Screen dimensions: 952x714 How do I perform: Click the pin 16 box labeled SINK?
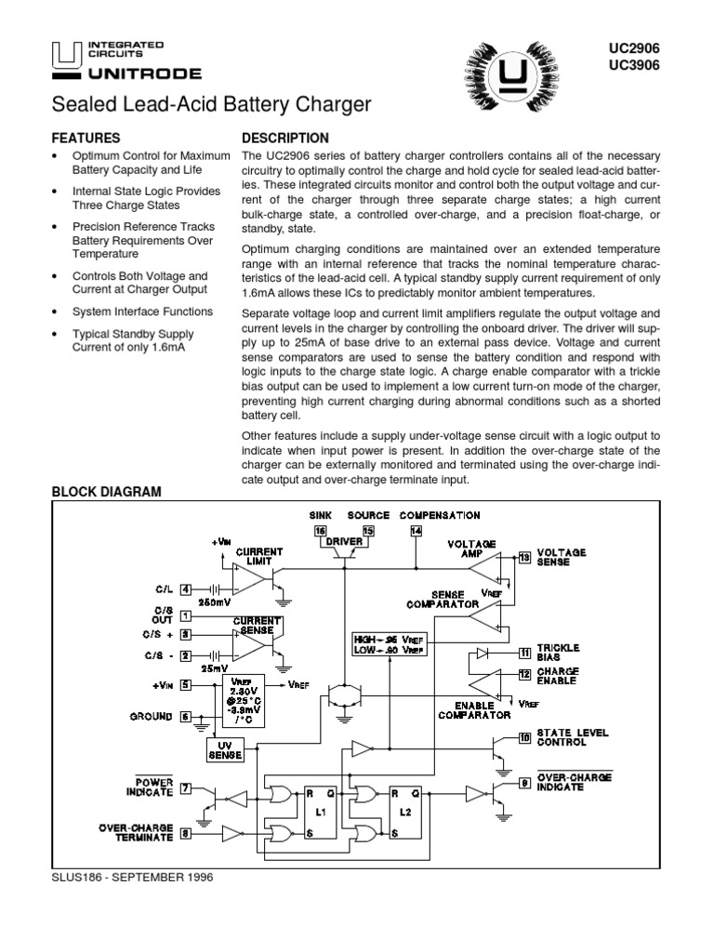[320, 530]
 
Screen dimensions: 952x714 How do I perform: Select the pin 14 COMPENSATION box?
[416, 530]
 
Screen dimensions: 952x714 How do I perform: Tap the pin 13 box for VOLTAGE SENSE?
[524, 557]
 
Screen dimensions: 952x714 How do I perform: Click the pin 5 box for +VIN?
[186, 687]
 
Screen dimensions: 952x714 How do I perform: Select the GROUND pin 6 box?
[186, 717]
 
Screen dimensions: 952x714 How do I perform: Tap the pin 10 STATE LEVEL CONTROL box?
[524, 738]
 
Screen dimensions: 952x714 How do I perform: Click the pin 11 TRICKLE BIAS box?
[524, 654]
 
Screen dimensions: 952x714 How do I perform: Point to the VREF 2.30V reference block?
[242, 700]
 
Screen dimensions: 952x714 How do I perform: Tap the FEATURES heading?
[86, 138]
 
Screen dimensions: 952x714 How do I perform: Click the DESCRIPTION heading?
[284, 138]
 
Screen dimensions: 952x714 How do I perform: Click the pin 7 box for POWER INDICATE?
[186, 789]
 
